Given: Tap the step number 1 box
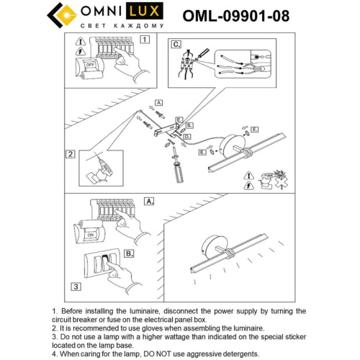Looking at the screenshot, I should tap(145, 40).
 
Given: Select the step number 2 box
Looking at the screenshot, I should tap(71, 153).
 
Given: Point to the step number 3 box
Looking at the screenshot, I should tap(74, 287).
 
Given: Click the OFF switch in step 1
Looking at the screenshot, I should tap(91, 63).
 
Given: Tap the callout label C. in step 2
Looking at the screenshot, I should tap(176, 44).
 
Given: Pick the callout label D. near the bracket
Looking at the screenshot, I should tap(186, 136).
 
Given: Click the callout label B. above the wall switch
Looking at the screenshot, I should tap(128, 253).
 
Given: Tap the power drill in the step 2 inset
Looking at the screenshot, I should tap(101, 166).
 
